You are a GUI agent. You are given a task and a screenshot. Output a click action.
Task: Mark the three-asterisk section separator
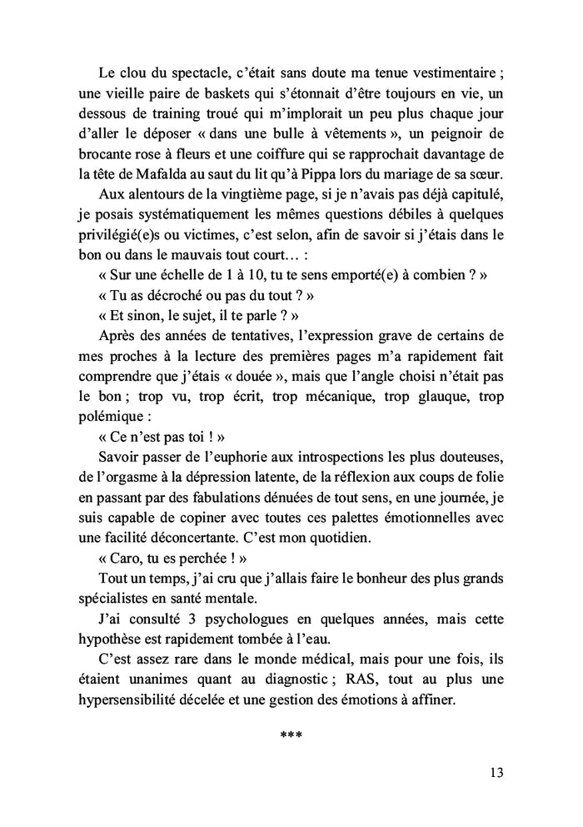click(x=291, y=734)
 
